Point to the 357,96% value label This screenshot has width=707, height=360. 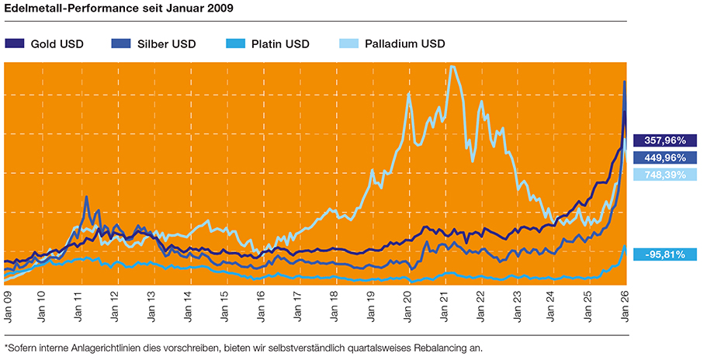660,140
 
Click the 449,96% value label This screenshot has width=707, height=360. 660,157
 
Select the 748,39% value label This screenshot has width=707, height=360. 660,175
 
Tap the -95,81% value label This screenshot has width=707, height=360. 660,254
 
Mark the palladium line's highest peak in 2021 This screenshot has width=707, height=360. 452,67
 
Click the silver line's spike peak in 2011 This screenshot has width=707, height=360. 86,197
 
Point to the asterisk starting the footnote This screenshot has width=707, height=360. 6,346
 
